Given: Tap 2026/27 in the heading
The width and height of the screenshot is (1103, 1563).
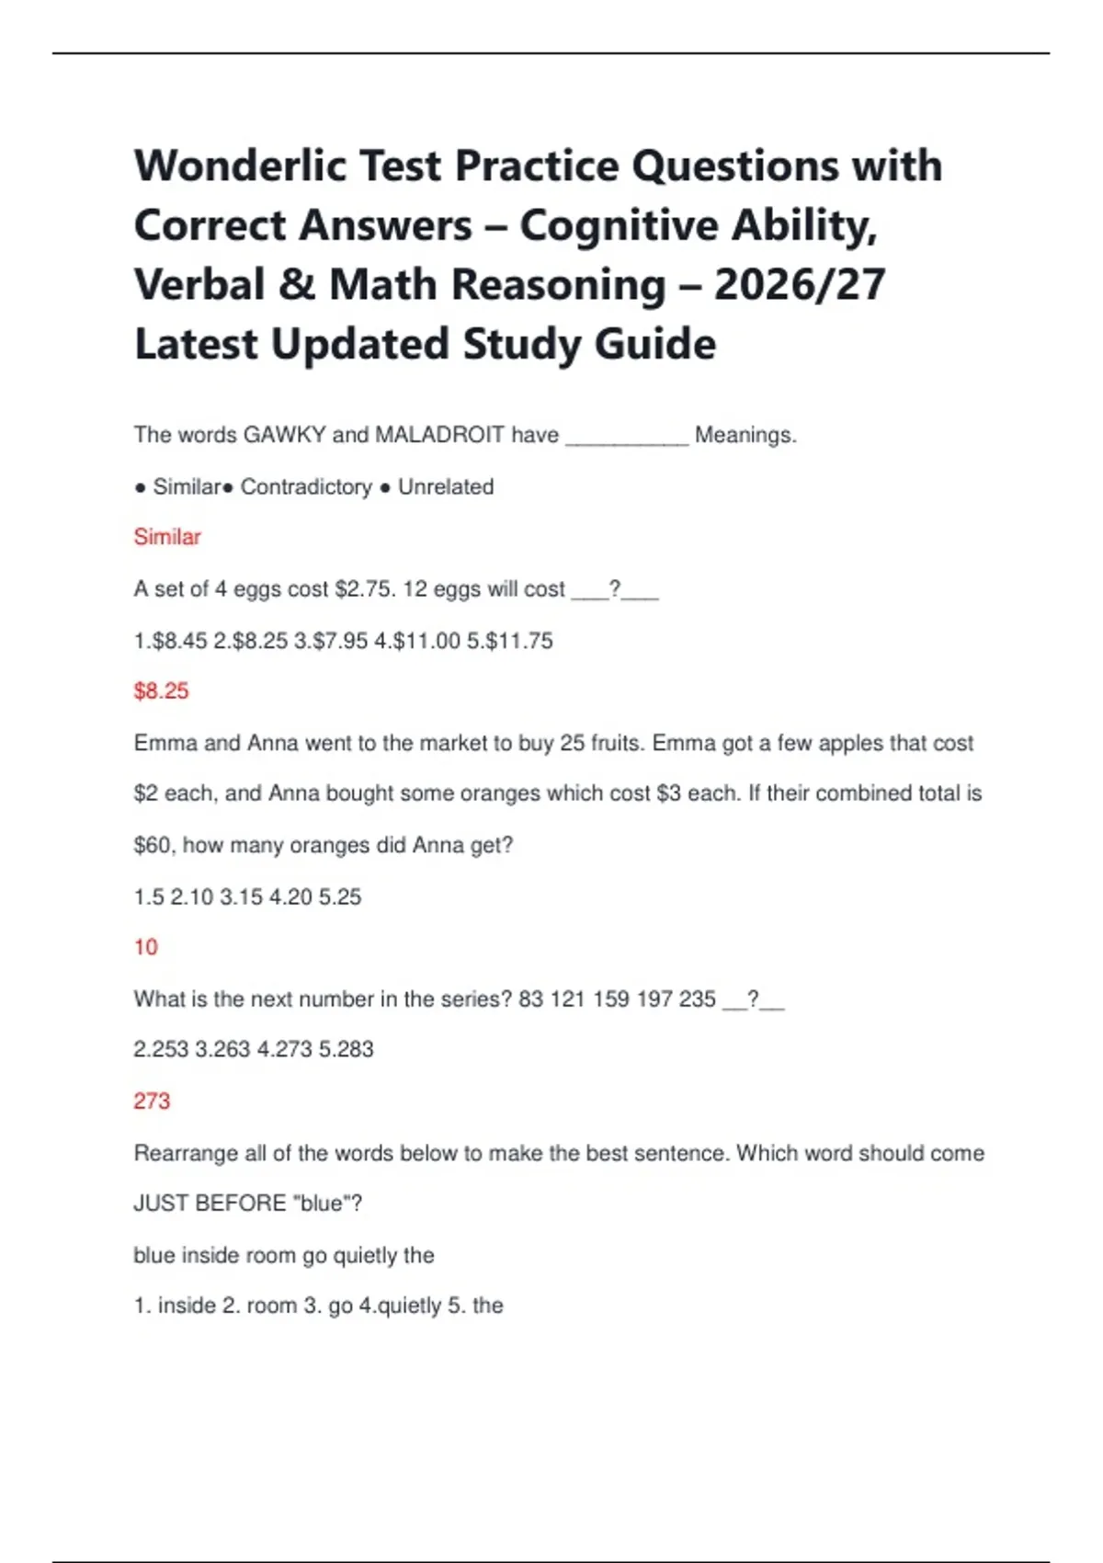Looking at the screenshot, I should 800,285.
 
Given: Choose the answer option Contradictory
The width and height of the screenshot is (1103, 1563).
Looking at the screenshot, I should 306,486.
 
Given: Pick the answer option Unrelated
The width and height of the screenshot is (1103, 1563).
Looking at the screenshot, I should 446,486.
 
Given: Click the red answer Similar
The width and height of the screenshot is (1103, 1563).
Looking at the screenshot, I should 167,537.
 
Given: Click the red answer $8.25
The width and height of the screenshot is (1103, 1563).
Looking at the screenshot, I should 161,691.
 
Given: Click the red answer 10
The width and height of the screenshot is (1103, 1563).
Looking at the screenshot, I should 146,947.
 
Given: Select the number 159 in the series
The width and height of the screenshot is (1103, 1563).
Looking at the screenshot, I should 611,998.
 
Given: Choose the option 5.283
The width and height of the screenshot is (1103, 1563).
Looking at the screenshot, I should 347,1049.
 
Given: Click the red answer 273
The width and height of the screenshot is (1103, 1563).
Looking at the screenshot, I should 152,1101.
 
